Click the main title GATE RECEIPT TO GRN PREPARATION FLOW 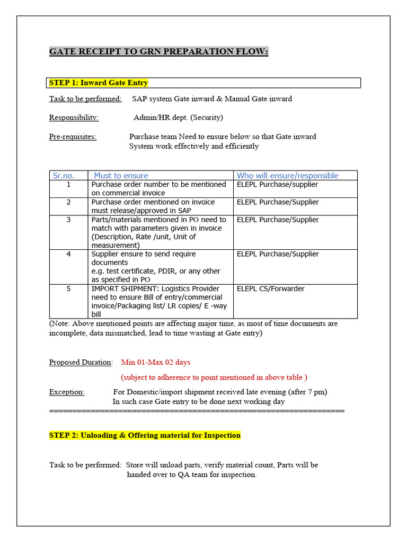[158, 52]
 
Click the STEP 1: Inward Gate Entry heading [99, 83]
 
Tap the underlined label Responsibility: [74, 117]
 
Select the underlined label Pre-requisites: [73, 137]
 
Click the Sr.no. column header [64, 175]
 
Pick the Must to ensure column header [121, 175]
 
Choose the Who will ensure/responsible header [287, 175]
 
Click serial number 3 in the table [68, 220]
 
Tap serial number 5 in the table [68, 289]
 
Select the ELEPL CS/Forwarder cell [271, 289]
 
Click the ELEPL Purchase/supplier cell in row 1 [278, 185]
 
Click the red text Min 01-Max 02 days [156, 363]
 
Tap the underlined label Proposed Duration [80, 363]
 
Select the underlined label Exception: [67, 392]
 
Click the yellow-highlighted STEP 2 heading [145, 435]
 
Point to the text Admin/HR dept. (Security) [178, 117]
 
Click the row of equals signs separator [197, 410]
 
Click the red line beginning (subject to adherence [214, 377]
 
